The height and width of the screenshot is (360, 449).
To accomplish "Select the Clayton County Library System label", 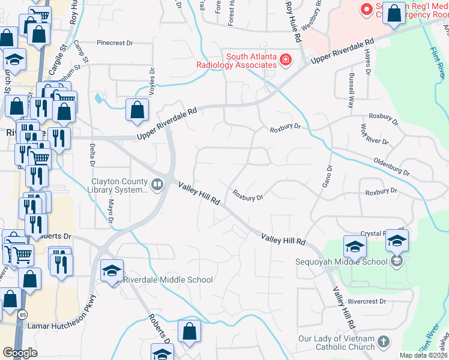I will [x=119, y=185].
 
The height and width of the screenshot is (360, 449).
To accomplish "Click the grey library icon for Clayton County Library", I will [x=158, y=184].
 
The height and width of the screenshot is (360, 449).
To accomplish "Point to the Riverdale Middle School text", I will [x=167, y=280].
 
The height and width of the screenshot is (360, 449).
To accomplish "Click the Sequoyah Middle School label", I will [x=341, y=262].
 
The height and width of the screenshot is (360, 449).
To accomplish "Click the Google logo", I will [x=20, y=353].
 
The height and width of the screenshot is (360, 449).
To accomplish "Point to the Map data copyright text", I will [x=423, y=355].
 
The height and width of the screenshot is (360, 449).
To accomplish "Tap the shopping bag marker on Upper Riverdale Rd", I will [x=137, y=110].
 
